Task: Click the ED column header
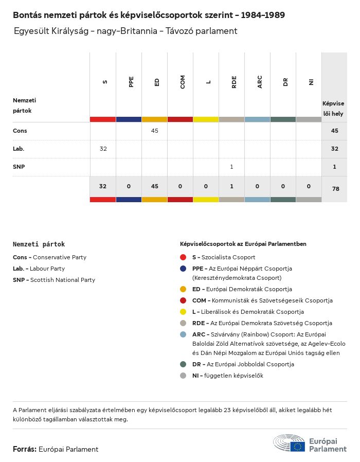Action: pyautogui.click(x=157, y=82)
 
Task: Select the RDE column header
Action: pyautogui.click(x=234, y=82)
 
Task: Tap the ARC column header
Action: pyautogui.click(x=260, y=82)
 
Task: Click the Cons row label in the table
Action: pyautogui.click(x=20, y=131)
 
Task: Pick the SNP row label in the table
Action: pyautogui.click(x=20, y=167)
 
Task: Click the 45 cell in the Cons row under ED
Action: pyautogui.click(x=155, y=131)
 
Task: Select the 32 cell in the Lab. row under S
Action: pyautogui.click(x=103, y=149)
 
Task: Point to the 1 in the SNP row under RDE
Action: pyautogui.click(x=232, y=167)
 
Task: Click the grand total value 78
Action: pyautogui.click(x=335, y=189)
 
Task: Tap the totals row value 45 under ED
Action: pyautogui.click(x=154, y=186)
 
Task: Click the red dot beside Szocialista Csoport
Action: pyautogui.click(x=183, y=257)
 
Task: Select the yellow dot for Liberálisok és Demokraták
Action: pyautogui.click(x=183, y=312)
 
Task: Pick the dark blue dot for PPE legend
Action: pyautogui.click(x=183, y=269)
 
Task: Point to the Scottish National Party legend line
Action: pyautogui.click(x=54, y=280)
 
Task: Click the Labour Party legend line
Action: pyautogui.click(x=39, y=269)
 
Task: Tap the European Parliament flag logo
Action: pyautogui.click(x=297, y=446)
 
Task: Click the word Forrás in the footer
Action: pyautogui.click(x=24, y=449)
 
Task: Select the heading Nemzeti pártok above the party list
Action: pyautogui.click(x=39, y=244)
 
